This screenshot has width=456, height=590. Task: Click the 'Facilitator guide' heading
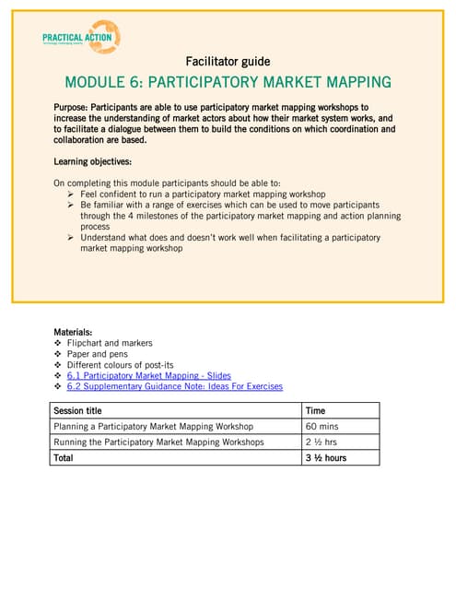228,62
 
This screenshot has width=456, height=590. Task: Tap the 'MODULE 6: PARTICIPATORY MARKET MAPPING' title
228,82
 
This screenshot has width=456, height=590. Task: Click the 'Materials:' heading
73,331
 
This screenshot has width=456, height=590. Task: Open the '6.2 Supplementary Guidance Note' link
174,387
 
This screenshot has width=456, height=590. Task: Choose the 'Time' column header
315,410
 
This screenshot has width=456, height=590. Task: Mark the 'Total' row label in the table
64,457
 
